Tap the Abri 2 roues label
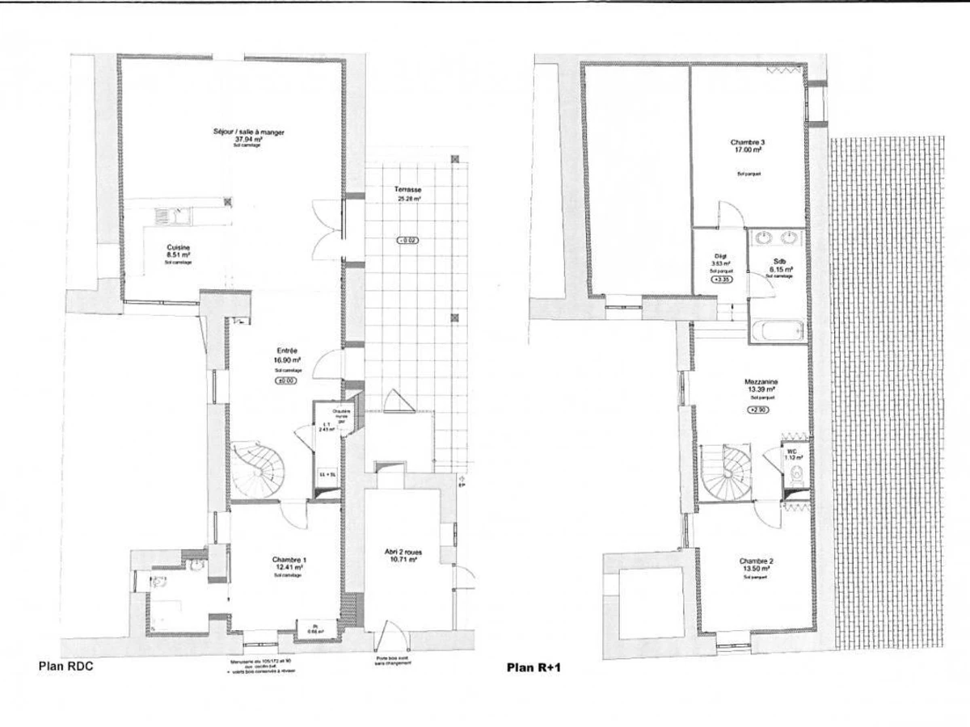click(x=402, y=553)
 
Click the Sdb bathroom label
click(x=778, y=262)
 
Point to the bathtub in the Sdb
click(x=777, y=332)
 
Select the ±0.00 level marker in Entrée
click(x=286, y=380)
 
